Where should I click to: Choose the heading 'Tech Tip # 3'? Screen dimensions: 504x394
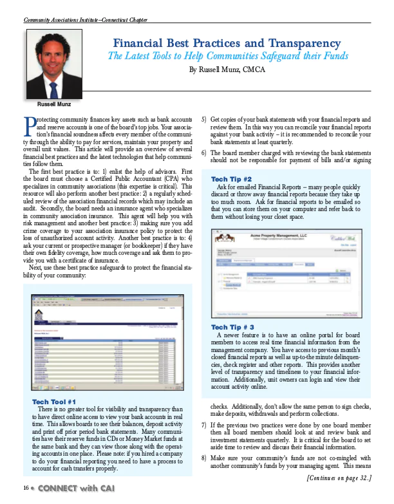point(232,328)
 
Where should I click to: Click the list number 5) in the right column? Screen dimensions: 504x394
point(204,120)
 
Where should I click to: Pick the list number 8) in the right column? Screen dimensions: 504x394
point(204,456)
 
